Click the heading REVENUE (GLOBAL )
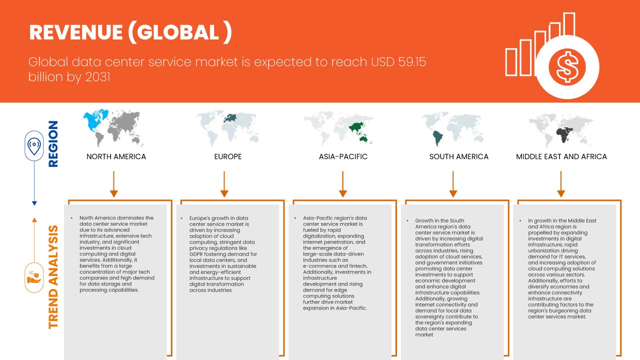(x=130, y=32)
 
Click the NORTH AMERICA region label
(x=116, y=156)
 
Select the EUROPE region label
(x=227, y=156)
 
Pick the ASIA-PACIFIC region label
(x=343, y=156)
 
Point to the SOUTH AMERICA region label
(x=458, y=156)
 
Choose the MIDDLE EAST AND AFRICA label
(x=561, y=156)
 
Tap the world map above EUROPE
(x=228, y=127)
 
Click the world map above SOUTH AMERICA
(x=453, y=128)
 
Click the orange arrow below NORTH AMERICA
(x=114, y=184)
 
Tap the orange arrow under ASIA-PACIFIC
(x=343, y=184)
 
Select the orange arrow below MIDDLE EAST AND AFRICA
(x=561, y=184)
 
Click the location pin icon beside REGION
(x=34, y=146)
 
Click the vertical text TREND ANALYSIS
(x=53, y=277)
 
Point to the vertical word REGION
(x=52, y=144)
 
